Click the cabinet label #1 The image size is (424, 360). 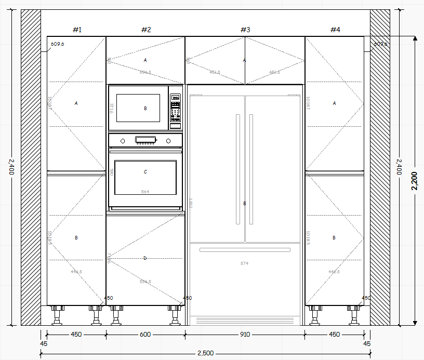pos(77,30)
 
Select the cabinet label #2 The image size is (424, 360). pos(146,30)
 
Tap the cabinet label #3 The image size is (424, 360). pos(245,30)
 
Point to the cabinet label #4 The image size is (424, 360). pos(335,30)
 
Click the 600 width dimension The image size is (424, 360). pos(145,335)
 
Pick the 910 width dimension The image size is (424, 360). pos(245,335)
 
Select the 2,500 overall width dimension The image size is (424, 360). pos(205,353)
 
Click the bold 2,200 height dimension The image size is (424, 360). pos(414,181)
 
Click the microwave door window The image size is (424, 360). pos(138,108)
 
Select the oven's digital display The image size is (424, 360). pos(146,139)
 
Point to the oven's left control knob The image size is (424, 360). pos(123,140)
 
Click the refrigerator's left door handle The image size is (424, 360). pos(238,169)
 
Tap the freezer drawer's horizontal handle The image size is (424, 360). pos(245,250)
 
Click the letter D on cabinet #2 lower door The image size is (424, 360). pos(145,258)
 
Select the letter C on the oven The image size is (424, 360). pos(145,171)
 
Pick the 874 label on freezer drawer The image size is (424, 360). pos(244,263)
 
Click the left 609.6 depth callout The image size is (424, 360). pos(57,44)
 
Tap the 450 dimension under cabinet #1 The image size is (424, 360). pos(76,335)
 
